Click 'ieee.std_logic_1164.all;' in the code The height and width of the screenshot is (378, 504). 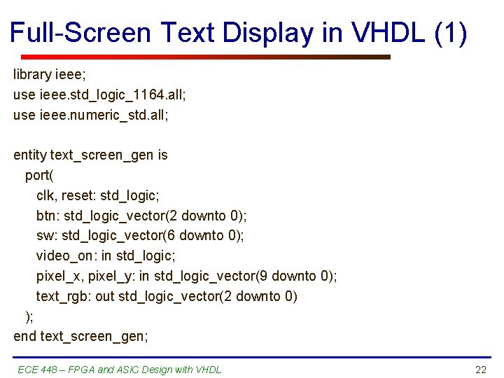111,94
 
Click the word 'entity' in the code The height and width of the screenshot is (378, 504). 30,155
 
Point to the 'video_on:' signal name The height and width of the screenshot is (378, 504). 66,256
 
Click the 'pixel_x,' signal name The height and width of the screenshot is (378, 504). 58,276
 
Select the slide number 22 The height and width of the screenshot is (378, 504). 480,370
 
